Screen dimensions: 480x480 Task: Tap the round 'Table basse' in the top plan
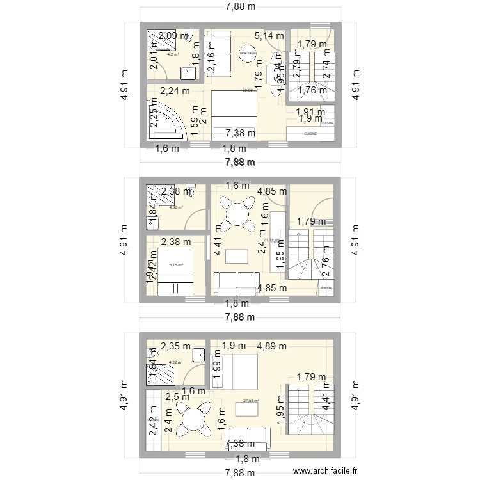(x=246, y=55)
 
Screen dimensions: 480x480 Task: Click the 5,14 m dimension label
(x=269, y=36)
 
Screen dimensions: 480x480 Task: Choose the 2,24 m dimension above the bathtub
(x=175, y=90)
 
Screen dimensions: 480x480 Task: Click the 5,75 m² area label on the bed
(x=176, y=265)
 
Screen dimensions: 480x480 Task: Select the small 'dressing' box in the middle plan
(x=326, y=289)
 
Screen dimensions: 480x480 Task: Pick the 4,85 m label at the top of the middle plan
(x=273, y=191)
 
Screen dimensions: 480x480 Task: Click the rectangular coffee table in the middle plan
(x=236, y=256)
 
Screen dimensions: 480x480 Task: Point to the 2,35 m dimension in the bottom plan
(x=175, y=347)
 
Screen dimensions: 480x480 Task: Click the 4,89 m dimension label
(x=273, y=347)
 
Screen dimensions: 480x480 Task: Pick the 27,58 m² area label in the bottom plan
(x=251, y=401)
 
